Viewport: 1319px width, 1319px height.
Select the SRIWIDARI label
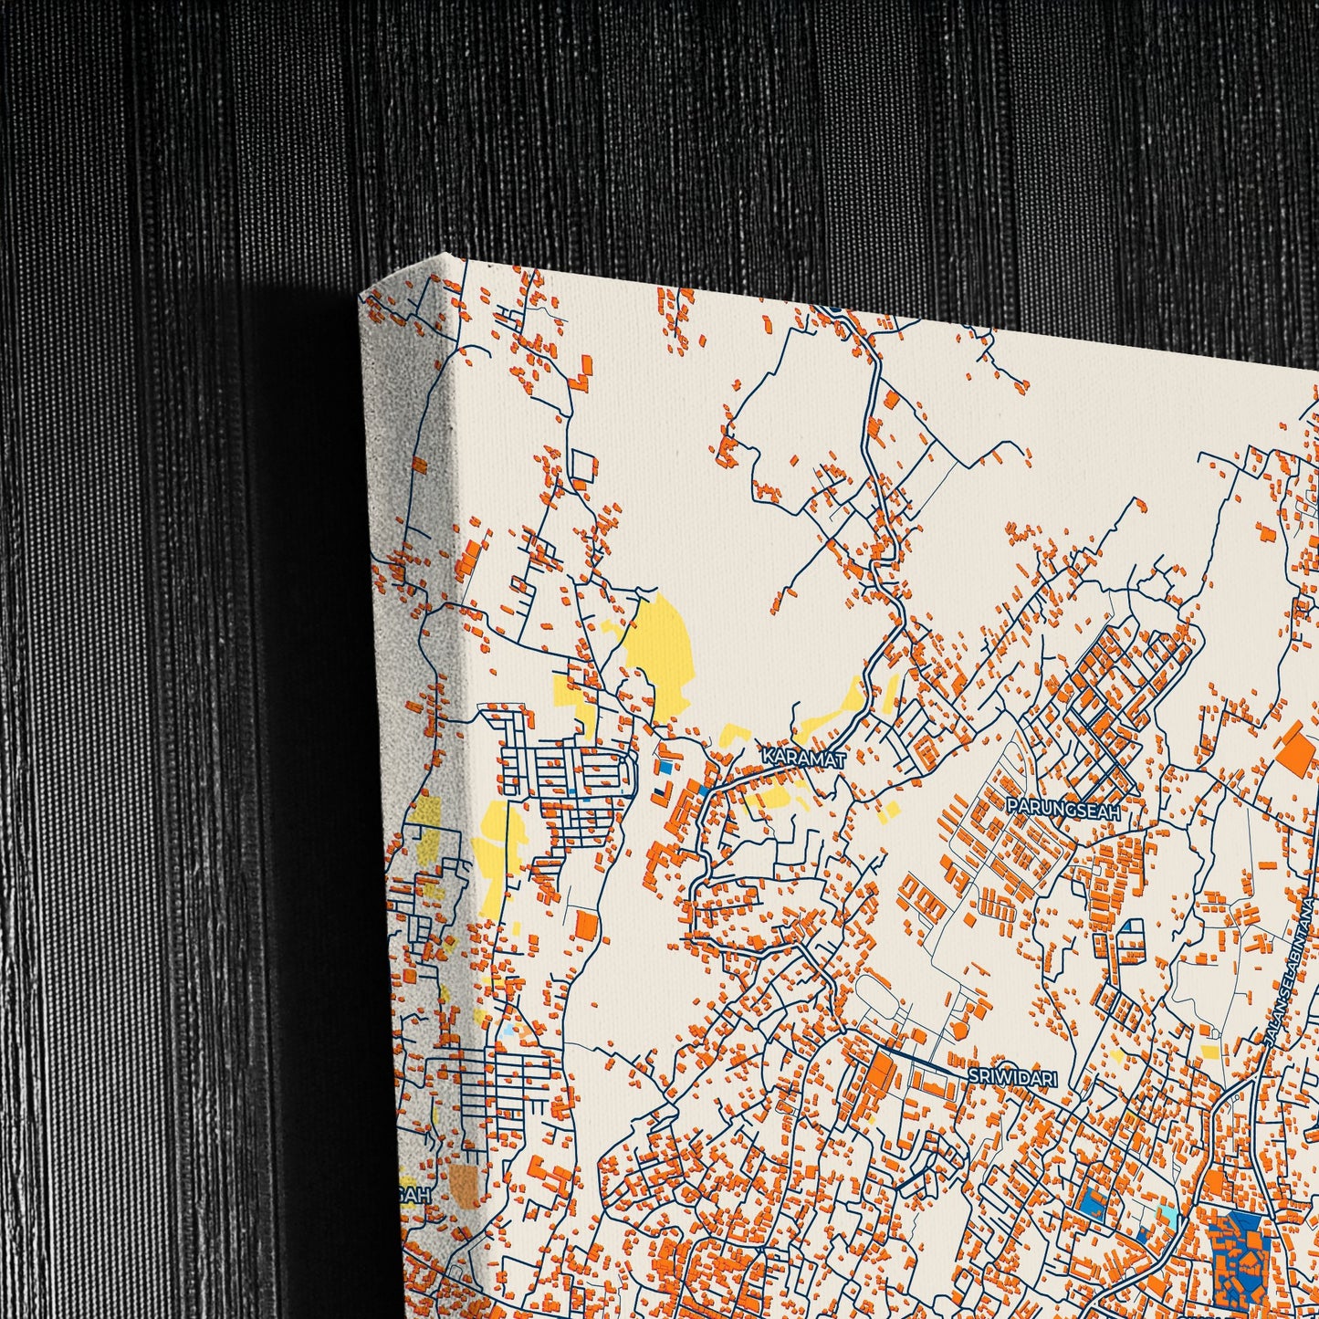point(1011,1077)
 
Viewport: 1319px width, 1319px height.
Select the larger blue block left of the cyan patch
point(1092,1206)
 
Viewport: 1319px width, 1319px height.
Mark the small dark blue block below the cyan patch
point(1143,1234)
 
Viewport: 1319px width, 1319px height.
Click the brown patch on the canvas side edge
point(464,1184)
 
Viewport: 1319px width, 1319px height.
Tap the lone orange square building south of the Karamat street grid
point(586,926)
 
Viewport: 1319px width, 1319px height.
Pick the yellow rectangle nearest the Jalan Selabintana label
point(1209,1052)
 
